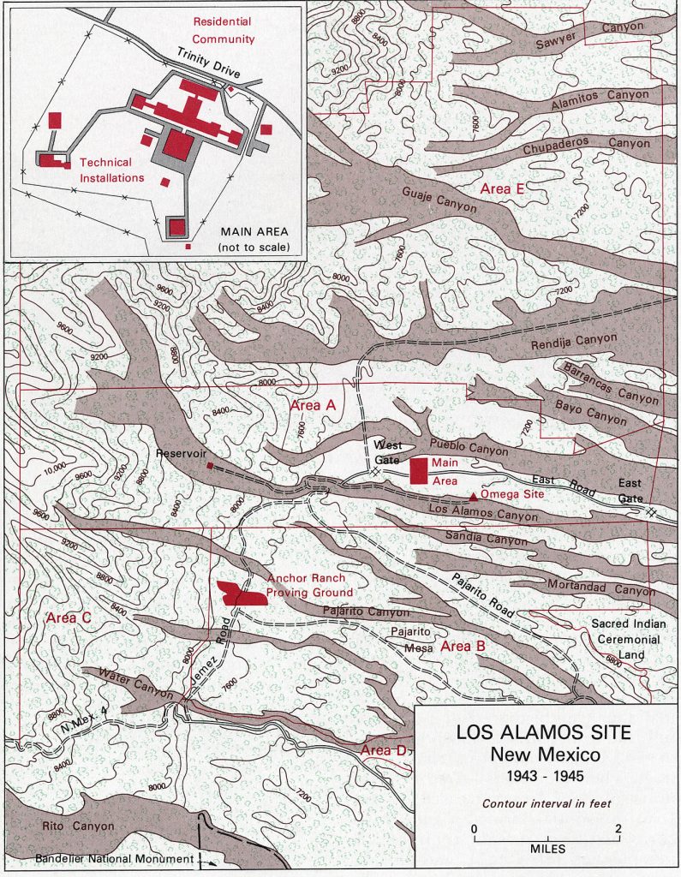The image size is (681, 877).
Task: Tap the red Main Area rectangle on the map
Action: click(420, 472)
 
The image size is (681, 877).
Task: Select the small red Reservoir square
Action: click(210, 466)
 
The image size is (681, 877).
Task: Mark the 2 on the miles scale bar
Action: click(618, 829)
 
